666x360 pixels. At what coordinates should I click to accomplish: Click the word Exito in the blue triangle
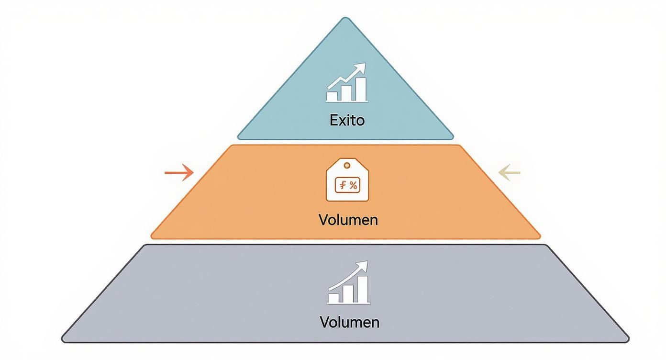pos(347,120)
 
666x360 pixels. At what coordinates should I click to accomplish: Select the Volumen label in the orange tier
pos(348,220)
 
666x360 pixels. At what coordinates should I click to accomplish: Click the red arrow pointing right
pos(178,172)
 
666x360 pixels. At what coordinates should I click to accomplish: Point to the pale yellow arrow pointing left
pos(509,172)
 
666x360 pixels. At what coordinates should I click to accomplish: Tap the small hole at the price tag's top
pos(347,165)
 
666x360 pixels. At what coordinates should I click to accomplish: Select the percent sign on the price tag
pos(353,185)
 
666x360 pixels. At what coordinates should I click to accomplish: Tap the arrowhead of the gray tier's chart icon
pos(364,265)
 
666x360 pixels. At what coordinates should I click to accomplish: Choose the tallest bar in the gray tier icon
pos(363,289)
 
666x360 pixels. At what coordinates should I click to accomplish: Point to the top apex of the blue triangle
pos(345,19)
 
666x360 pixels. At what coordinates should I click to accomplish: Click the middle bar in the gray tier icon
pos(348,294)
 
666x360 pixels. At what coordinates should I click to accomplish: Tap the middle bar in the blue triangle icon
pos(346,93)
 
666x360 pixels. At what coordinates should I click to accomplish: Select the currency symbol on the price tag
pos(343,185)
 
